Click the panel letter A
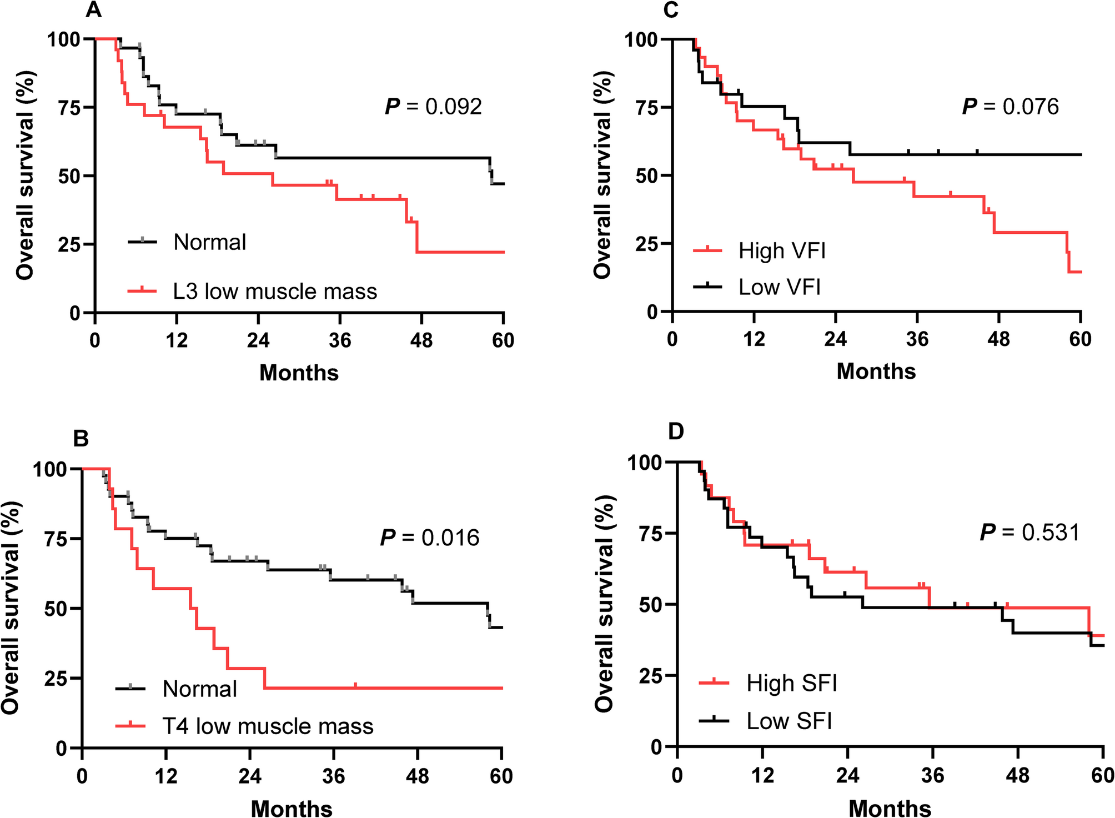(x=93, y=9)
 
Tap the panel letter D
(x=676, y=431)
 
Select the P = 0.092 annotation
(x=434, y=107)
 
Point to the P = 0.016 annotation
(x=430, y=538)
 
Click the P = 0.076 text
(x=1011, y=107)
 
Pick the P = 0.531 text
(x=1030, y=532)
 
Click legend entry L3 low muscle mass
(x=275, y=292)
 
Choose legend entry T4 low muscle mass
(x=268, y=726)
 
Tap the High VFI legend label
(x=782, y=251)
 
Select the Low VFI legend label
(x=779, y=287)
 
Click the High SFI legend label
(x=791, y=683)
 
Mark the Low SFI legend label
(x=789, y=721)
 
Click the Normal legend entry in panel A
(x=209, y=242)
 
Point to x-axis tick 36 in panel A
(x=340, y=339)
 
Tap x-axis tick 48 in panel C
(x=998, y=339)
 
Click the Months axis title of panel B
(x=292, y=809)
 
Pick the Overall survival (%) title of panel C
(x=602, y=175)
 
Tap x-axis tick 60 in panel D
(x=1102, y=775)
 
